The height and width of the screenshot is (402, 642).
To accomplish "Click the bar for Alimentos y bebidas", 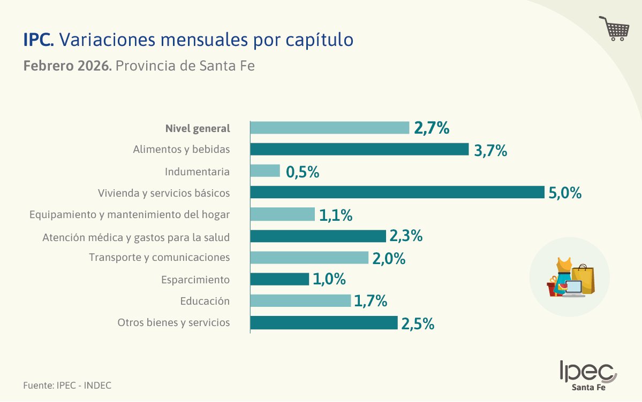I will [359, 149].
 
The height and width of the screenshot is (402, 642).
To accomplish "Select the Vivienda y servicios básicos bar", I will [397, 192].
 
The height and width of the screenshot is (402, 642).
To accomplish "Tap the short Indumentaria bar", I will [265, 171].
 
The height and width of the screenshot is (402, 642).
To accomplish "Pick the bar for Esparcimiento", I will [280, 280].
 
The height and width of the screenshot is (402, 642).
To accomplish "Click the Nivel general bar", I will [329, 128].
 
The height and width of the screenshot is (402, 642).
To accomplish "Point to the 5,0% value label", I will [565, 193].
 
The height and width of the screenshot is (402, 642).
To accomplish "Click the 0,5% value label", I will [303, 172].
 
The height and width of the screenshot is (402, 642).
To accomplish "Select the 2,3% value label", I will [406, 236].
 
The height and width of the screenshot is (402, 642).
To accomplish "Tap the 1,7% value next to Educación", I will [371, 301].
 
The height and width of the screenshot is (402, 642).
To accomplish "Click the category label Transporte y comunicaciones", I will [160, 258].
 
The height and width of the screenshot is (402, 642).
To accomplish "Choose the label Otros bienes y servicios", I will [173, 322].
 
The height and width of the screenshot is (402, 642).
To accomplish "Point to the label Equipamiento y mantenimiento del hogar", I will [130, 214].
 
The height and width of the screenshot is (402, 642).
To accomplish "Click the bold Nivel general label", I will [198, 128].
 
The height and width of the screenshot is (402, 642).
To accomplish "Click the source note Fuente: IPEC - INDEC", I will [67, 385].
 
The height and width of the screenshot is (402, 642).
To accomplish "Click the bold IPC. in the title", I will [39, 40].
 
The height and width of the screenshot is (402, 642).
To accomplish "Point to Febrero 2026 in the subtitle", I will [67, 67].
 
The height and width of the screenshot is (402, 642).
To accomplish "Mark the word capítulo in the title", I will [325, 41].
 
